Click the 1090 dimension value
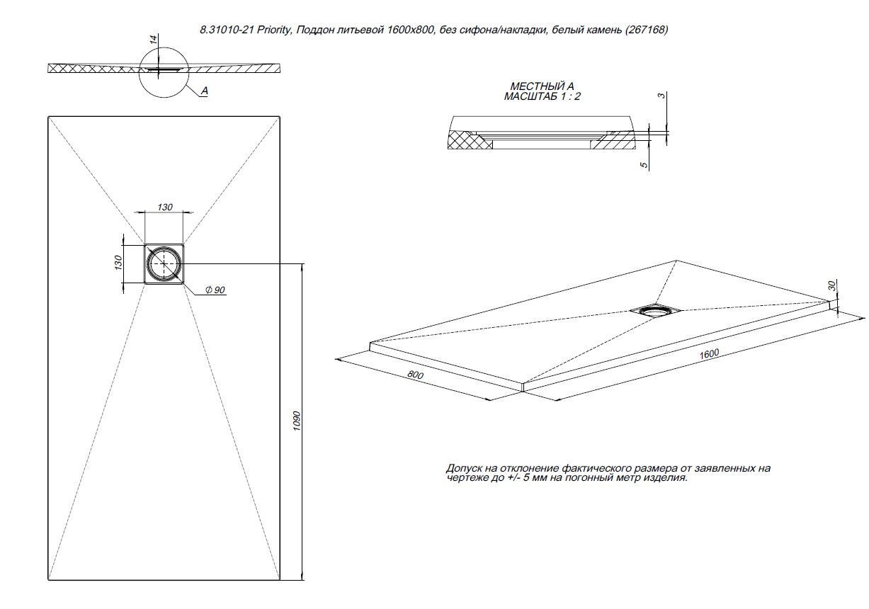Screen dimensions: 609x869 pyautogui.click(x=297, y=422)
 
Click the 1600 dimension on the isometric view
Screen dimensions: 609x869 pyautogui.click(x=710, y=353)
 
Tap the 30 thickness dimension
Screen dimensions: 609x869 pyautogui.click(x=832, y=285)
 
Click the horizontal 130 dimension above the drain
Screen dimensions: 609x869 pyautogui.click(x=164, y=207)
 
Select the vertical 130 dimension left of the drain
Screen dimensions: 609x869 pyautogui.click(x=118, y=262)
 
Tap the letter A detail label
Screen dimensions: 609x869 pyautogui.click(x=204, y=91)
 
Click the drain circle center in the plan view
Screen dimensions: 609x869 pyautogui.click(x=165, y=263)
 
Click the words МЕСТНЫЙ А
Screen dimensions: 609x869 pyautogui.click(x=542, y=86)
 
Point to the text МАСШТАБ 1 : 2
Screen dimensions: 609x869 pyautogui.click(x=542, y=96)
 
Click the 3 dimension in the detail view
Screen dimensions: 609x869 pyautogui.click(x=661, y=96)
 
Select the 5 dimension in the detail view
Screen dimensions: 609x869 pyautogui.click(x=644, y=164)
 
